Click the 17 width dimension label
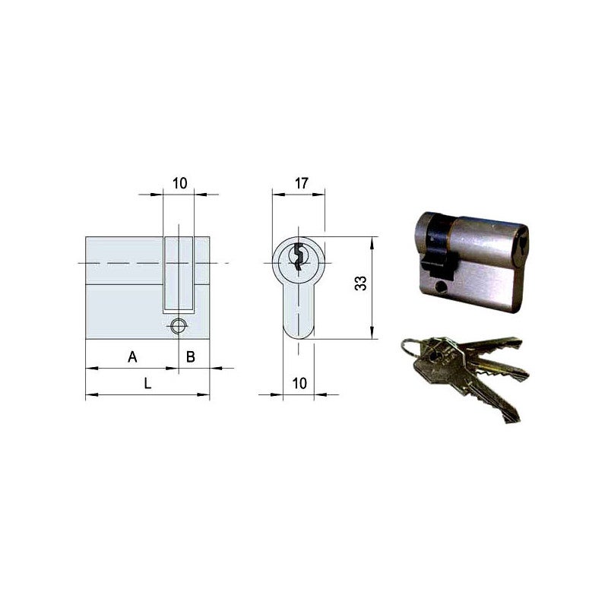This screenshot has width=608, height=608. coord(300,182)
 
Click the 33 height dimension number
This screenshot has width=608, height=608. coord(361,283)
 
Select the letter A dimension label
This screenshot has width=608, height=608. coord(132,356)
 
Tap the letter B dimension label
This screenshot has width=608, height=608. coord(192,356)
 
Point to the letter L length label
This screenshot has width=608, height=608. coord(148,384)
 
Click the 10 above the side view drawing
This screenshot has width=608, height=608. coord(179,182)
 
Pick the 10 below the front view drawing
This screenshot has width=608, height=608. coord(299,384)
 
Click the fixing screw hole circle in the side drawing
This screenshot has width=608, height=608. coord(178,326)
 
